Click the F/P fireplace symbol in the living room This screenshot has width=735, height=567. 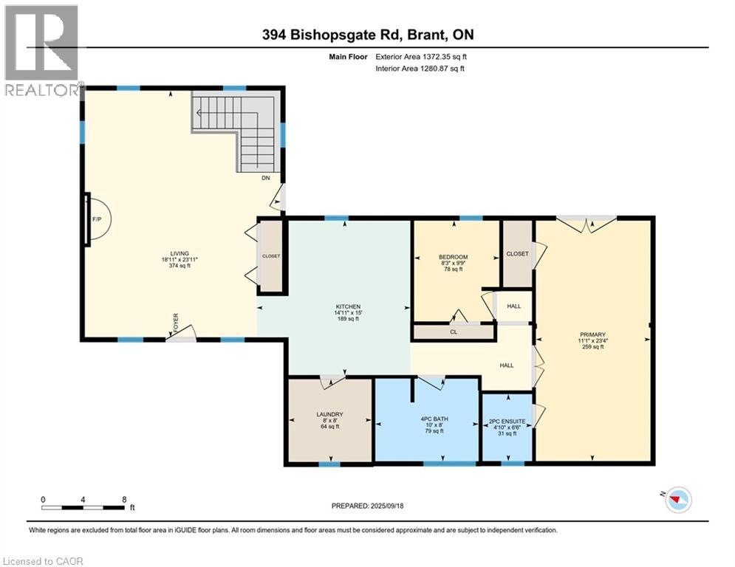point(96,219)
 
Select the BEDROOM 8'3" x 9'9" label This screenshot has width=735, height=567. point(454,263)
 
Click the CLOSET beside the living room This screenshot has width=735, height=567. point(271,256)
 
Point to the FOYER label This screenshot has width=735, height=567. point(176,323)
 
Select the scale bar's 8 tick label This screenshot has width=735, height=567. point(124,500)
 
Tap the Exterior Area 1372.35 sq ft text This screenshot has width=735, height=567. point(420,56)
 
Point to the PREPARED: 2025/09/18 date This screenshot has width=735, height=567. point(369,506)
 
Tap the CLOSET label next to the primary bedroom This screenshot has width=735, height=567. point(517,253)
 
